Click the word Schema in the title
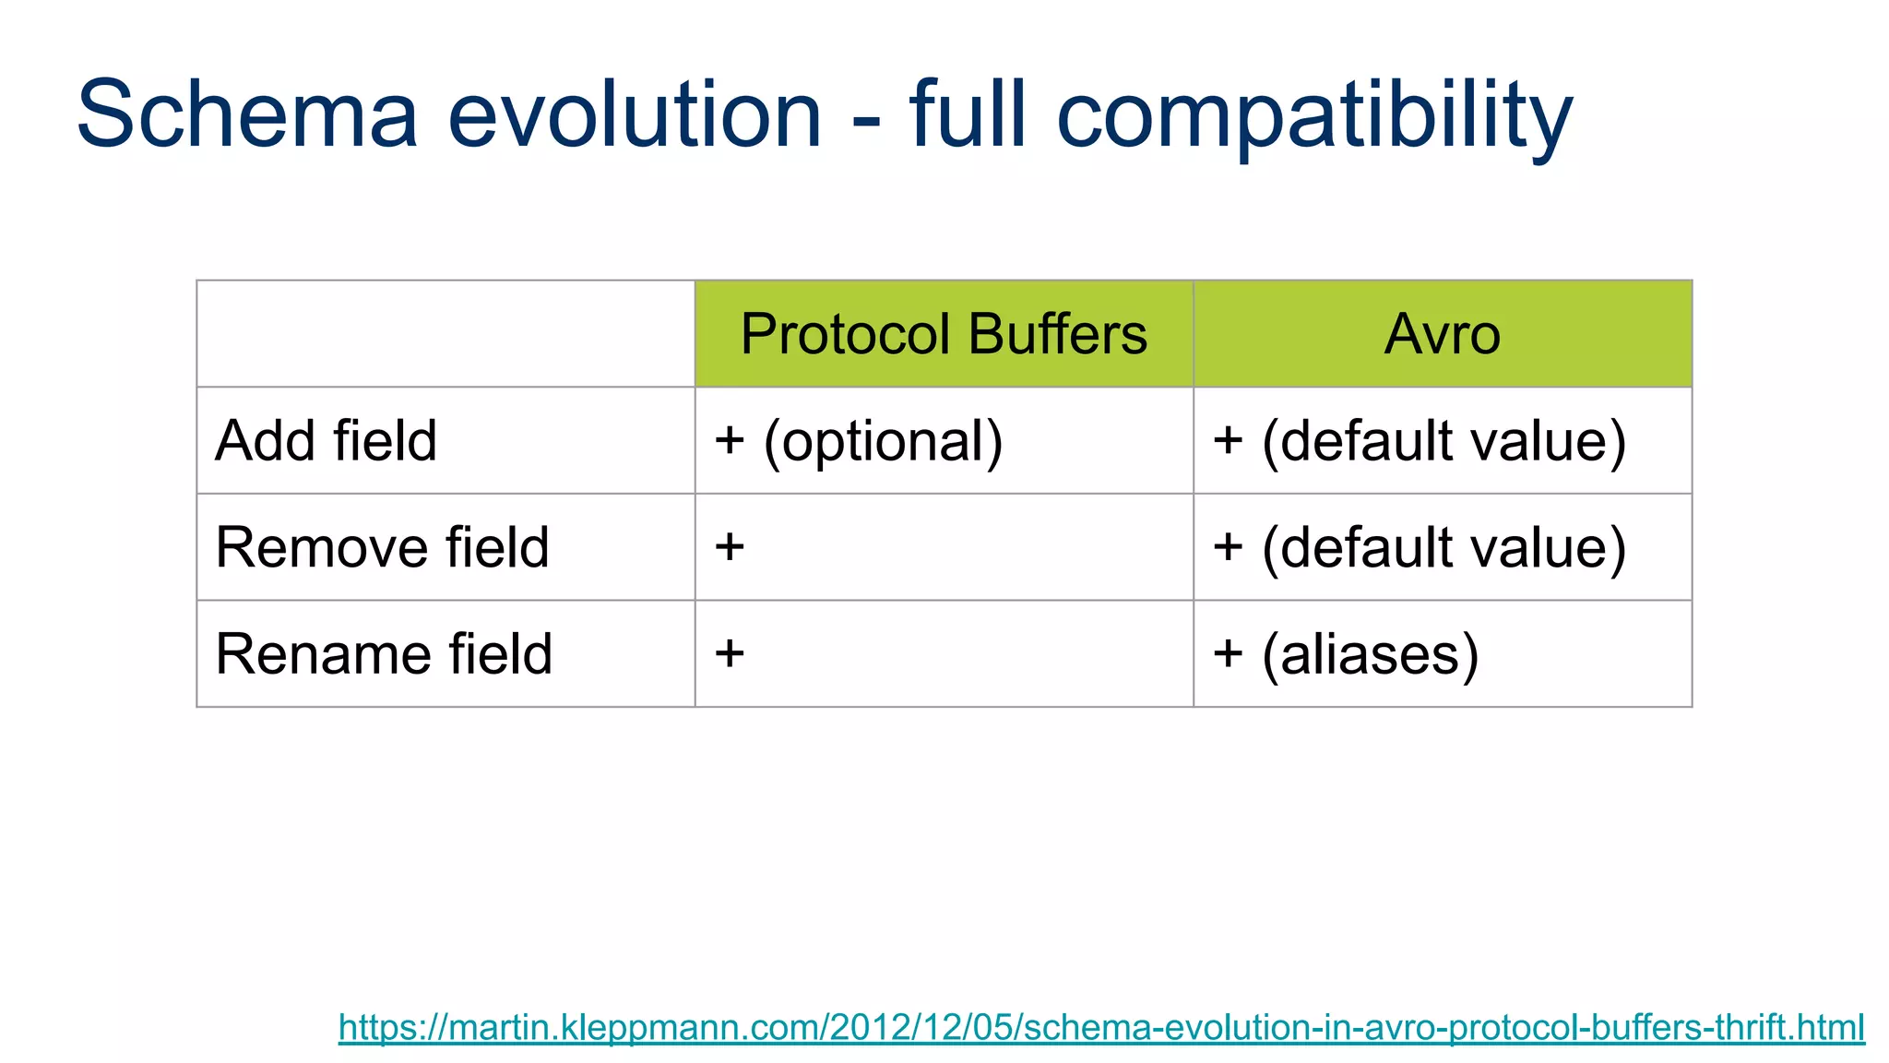click(x=247, y=114)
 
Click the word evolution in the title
click(x=635, y=114)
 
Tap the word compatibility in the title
click(x=1314, y=114)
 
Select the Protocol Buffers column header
click(x=944, y=334)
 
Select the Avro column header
click(x=1442, y=334)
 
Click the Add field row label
click(x=326, y=440)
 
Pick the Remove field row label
click(x=382, y=547)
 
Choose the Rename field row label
click(x=384, y=654)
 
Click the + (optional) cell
click(x=858, y=441)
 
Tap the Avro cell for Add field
click(x=1419, y=441)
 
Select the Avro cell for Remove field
click(x=1419, y=547)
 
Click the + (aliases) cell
click(x=1345, y=654)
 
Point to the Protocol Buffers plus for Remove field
click(x=730, y=546)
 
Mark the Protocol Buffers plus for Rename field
click(x=730, y=653)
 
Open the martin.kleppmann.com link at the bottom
click(x=1101, y=1027)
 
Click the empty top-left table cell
click(x=446, y=334)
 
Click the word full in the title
click(x=967, y=114)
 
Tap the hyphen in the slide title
click(x=866, y=124)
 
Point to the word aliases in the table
click(x=1370, y=654)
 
